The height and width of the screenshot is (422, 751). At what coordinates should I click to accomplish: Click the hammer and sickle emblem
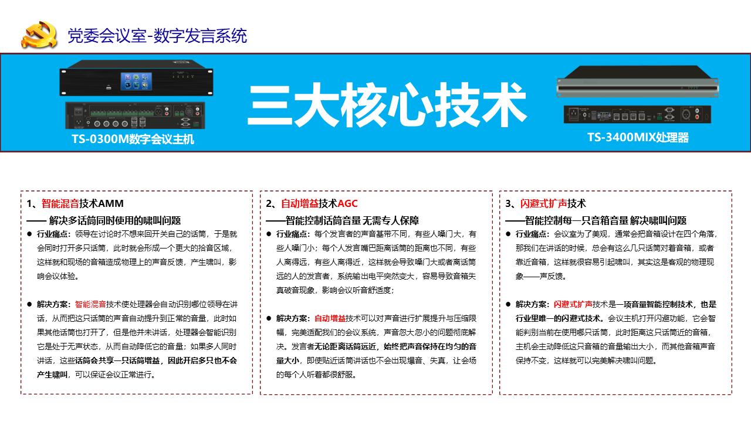[x=39, y=35]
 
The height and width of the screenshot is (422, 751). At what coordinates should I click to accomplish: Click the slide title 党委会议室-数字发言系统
[x=157, y=36]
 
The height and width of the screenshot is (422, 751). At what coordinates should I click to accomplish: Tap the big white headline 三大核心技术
[x=387, y=105]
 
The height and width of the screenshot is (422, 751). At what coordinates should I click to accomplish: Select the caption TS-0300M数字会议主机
[x=133, y=139]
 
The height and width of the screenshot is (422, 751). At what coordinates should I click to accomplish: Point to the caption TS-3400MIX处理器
[x=638, y=138]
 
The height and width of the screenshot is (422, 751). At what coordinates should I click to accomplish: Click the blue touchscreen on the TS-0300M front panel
[x=136, y=81]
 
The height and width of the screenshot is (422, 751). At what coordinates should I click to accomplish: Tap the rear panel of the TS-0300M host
[x=135, y=115]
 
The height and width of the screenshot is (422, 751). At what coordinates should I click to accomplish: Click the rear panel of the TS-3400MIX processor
[x=637, y=114]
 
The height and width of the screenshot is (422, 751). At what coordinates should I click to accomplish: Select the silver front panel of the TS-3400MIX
[x=637, y=88]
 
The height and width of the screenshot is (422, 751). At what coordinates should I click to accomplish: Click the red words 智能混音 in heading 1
[x=60, y=203]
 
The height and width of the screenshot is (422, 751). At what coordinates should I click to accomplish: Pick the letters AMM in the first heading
[x=111, y=203]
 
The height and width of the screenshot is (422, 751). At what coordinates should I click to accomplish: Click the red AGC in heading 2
[x=347, y=203]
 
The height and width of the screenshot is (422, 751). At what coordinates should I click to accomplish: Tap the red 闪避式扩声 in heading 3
[x=543, y=203]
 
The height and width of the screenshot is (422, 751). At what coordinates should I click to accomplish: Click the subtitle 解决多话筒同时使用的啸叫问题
[x=115, y=220]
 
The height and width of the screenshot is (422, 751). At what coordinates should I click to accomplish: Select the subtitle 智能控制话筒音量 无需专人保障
[x=353, y=220]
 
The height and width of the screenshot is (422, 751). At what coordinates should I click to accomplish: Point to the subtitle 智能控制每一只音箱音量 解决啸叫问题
[x=605, y=220]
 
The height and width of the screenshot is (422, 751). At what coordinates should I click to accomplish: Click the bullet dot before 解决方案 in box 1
[x=29, y=304]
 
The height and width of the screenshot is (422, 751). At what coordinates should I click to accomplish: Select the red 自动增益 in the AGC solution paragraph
[x=330, y=318]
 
